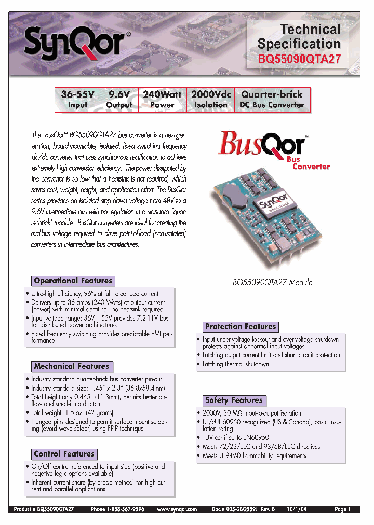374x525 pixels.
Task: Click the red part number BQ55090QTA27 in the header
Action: coord(299,59)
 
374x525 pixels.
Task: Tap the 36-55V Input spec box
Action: coord(77,99)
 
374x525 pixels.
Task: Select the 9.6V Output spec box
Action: coord(119,99)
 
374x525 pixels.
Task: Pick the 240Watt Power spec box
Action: coord(162,99)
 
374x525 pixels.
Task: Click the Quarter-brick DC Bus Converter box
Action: coord(272,99)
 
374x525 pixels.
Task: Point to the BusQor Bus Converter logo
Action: coord(272,149)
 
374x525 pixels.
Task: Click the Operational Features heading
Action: coord(73,281)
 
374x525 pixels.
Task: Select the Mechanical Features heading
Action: coord(71,366)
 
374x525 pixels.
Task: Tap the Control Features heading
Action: coord(64,454)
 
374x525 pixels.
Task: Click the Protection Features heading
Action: coord(241,326)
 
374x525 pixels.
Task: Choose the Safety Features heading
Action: coord(234,400)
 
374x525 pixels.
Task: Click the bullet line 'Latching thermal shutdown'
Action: coord(236,364)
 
